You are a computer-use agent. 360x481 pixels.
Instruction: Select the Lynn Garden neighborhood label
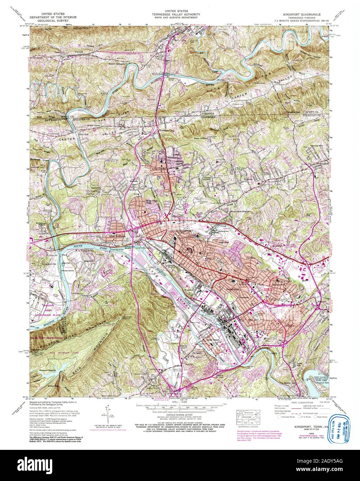click(x=159, y=169)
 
